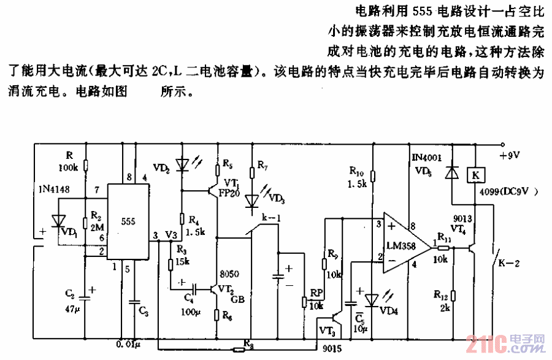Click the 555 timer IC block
pyautogui.click(x=129, y=221)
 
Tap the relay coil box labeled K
pyautogui.click(x=475, y=175)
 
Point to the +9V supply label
pyautogui.click(x=510, y=155)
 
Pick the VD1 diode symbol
pyautogui.click(x=59, y=219)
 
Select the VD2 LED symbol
pyautogui.click(x=182, y=165)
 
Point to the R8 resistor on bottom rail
pyautogui.click(x=239, y=350)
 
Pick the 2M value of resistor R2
pyautogui.click(x=96, y=226)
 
